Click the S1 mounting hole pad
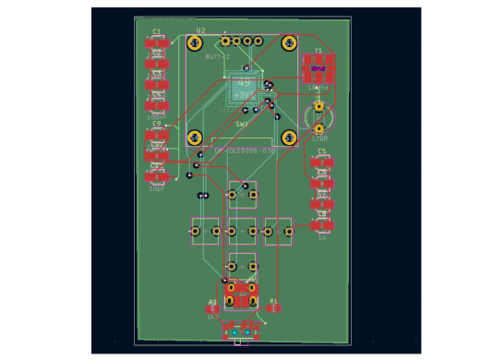[195, 43]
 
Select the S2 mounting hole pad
[289, 43]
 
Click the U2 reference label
[200, 30]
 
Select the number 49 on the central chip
[244, 83]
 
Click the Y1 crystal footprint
[318, 68]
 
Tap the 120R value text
[319, 138]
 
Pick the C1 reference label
[157, 31]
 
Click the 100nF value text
[156, 117]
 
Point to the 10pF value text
[156, 188]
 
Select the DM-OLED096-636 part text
[245, 150]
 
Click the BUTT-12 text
[218, 56]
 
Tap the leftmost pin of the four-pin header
[225, 41]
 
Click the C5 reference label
[321, 150]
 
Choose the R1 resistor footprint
[273, 308]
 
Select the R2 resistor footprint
[213, 309]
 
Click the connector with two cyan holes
[241, 331]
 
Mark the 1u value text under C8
[322, 236]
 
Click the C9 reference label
[157, 123]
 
